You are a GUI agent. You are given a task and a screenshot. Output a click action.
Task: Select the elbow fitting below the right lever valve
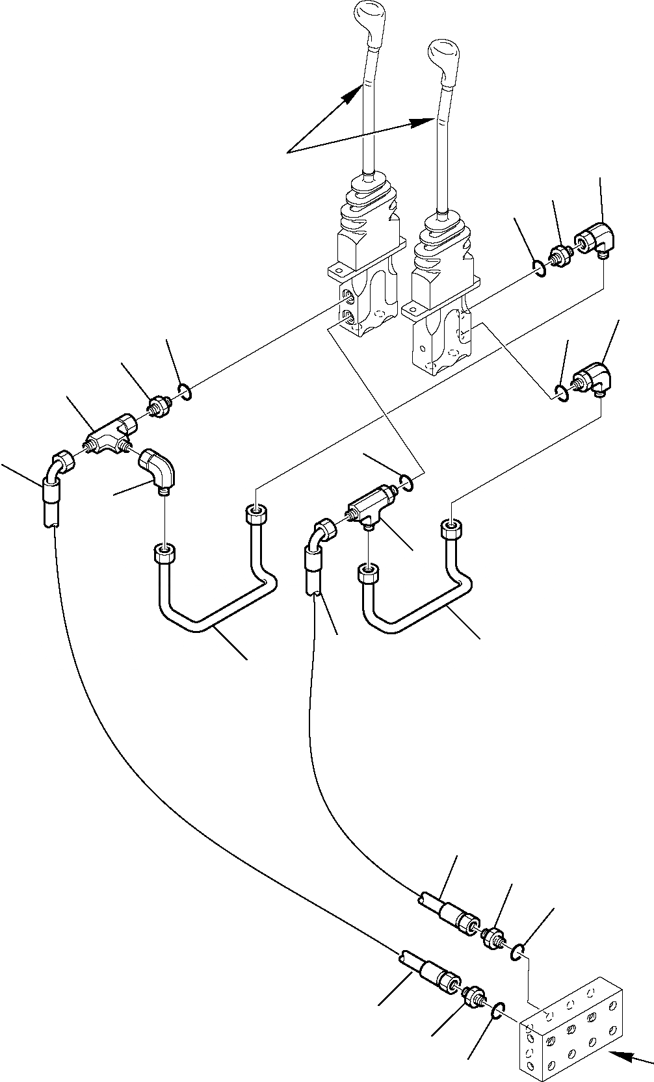pyautogui.click(x=592, y=379)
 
